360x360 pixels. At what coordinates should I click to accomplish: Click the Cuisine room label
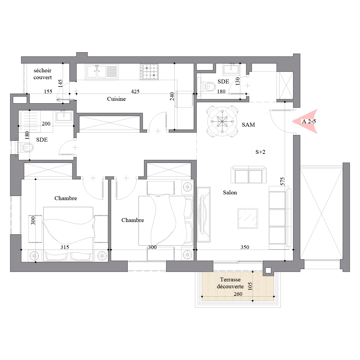(116, 99)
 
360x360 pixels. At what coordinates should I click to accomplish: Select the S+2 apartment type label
(260, 152)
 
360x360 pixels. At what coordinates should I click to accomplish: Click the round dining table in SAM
(222, 121)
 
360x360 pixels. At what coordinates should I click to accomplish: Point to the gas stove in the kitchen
(150, 72)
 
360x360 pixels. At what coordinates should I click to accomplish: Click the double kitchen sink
(102, 72)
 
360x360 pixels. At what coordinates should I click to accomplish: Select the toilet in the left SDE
(26, 148)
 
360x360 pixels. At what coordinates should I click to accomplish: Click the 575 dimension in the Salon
(282, 181)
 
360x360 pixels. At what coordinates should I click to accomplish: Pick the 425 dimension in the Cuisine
(135, 91)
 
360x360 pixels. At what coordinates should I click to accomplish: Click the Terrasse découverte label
(230, 283)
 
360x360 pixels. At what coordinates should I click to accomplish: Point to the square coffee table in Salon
(248, 218)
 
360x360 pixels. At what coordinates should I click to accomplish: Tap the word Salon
(230, 192)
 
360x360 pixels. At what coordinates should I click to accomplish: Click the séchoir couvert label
(42, 74)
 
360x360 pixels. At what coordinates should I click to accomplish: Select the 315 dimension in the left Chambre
(64, 247)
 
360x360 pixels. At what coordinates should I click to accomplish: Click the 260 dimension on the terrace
(238, 294)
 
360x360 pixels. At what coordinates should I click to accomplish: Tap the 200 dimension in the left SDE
(46, 124)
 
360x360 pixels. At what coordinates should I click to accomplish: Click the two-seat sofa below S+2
(248, 175)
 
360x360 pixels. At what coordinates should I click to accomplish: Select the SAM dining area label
(248, 124)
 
